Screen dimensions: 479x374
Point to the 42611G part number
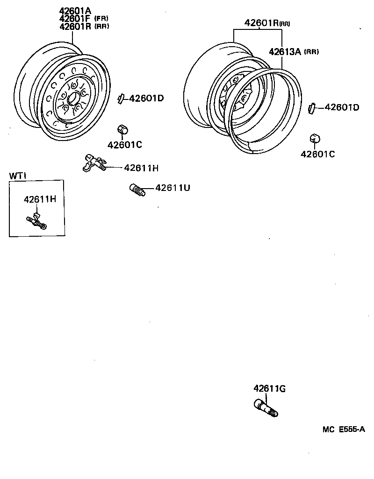coord(270,388)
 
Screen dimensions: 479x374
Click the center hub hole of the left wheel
coord(72,99)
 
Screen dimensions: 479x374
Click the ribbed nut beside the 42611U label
coord(137,190)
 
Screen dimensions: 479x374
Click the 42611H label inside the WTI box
coord(40,199)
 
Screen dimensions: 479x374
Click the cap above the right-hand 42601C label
coord(315,138)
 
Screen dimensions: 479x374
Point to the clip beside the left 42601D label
coord(121,99)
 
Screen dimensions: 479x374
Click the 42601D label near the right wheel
coord(341,107)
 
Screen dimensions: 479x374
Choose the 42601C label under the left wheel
coord(124,145)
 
